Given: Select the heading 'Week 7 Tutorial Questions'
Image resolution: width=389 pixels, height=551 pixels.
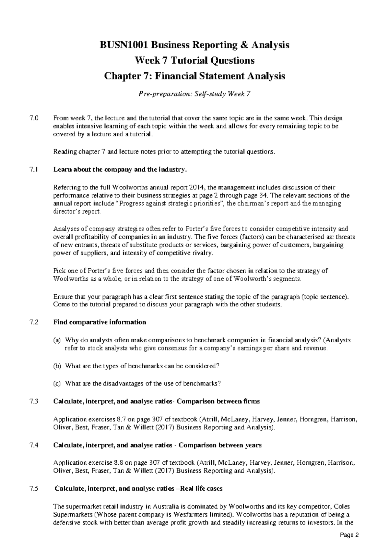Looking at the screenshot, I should point(194,61).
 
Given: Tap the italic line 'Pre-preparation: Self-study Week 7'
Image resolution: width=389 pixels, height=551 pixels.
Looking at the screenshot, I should point(194,94).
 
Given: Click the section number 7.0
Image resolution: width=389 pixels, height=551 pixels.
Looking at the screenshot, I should point(34,118).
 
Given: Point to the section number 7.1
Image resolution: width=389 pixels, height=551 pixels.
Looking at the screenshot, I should point(34,169).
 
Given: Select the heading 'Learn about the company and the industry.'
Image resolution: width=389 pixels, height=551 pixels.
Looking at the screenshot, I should point(120,169).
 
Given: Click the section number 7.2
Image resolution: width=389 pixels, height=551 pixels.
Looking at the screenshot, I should point(34,322).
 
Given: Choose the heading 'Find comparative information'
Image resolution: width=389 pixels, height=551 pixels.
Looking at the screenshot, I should point(100,322).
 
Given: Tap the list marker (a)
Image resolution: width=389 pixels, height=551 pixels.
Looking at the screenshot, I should point(57,340).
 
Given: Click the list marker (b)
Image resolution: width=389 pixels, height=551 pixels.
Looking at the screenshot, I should point(57,366).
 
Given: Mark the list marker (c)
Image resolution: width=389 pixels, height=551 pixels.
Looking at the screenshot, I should point(57,384).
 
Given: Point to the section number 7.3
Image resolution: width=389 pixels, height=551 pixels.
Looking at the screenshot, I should point(34,401).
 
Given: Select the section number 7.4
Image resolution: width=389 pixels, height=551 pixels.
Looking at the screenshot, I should point(34,445).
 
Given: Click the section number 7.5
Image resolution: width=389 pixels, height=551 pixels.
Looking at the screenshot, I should point(34,489).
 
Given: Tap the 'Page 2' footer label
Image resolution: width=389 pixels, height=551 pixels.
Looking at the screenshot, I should point(350,535).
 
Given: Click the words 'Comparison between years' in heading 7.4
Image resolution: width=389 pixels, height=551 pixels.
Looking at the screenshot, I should point(220,445).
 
